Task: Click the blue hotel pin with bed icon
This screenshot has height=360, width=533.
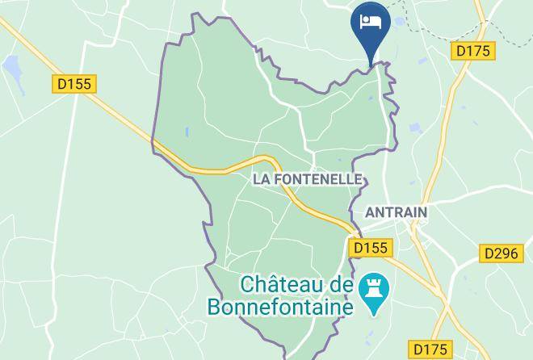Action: point(371,24)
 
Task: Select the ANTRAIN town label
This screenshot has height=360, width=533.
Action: point(397,211)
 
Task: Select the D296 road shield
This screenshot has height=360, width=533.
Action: point(500,253)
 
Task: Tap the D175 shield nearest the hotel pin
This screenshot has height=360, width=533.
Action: point(472,51)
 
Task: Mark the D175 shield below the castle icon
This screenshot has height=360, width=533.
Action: point(429,349)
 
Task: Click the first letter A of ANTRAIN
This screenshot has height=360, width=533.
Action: point(371,211)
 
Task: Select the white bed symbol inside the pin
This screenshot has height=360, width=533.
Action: point(371,19)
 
